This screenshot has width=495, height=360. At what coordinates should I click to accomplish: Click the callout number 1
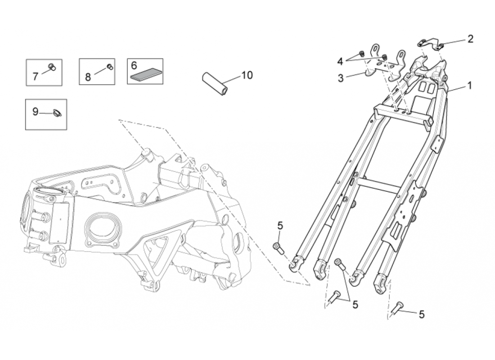(470, 85)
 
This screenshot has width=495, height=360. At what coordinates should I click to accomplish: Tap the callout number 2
(470, 39)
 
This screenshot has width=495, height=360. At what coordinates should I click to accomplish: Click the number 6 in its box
(134, 65)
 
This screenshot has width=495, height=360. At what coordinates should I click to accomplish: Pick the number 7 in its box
(36, 76)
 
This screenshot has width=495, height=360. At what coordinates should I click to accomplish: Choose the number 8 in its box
(88, 77)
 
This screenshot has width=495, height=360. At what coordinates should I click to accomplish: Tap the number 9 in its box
(36, 112)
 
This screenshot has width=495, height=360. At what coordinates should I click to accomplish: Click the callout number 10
(247, 75)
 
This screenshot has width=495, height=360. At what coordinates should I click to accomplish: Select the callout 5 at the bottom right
(422, 315)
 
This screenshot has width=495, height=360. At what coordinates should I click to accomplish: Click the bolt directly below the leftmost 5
(277, 247)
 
